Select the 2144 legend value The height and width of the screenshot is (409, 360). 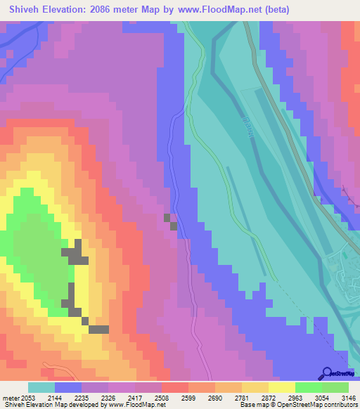tap(68, 398)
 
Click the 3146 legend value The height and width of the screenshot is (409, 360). tap(349, 398)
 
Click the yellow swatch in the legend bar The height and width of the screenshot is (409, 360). tap(282, 387)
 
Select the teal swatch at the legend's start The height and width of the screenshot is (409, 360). tap(41, 387)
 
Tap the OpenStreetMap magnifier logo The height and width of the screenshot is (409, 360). tap(326, 373)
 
